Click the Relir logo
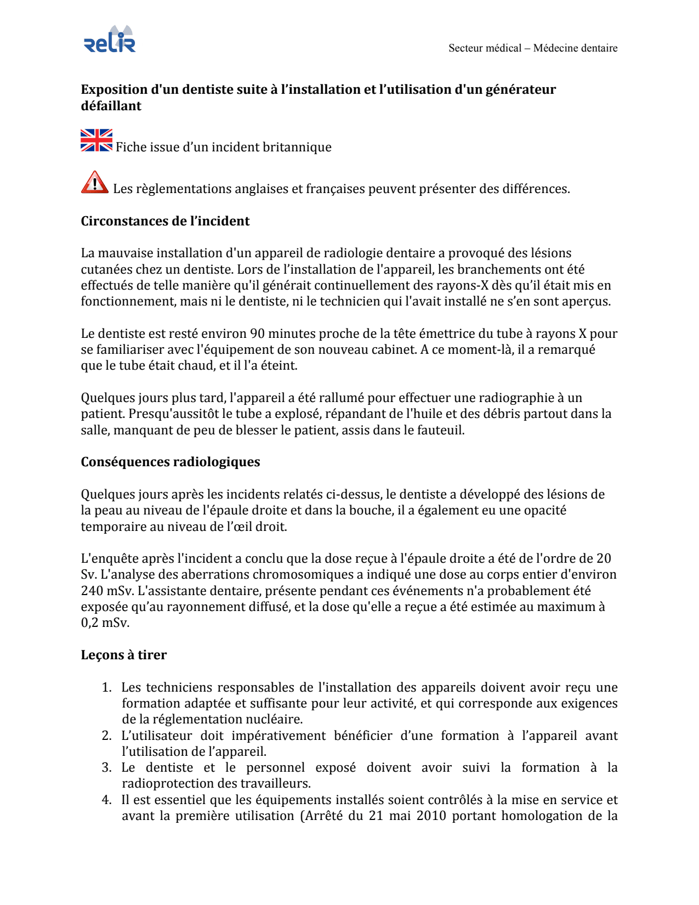pos(110,40)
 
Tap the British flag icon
pos(96,140)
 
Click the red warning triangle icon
pos(95,182)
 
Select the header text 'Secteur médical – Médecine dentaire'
pos(532,48)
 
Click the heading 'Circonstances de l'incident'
pos(165,221)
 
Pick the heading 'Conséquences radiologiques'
pos(171,462)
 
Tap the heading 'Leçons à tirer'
pos(124,655)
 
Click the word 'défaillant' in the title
pos(111,106)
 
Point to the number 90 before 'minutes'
pos(257,333)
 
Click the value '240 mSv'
pos(107,591)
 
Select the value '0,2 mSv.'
pos(105,623)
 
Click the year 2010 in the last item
pos(431,816)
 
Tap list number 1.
pos(107,688)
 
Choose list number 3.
pos(107,768)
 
